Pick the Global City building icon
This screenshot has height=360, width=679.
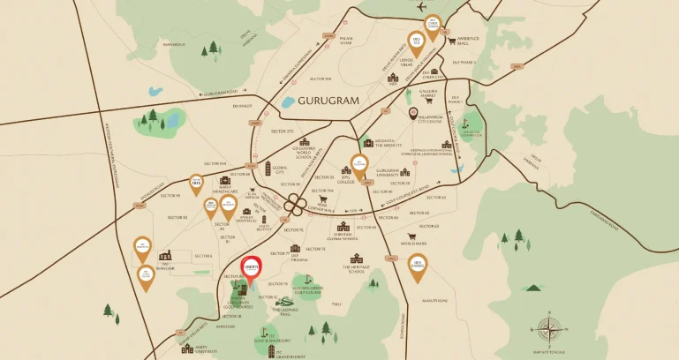268,168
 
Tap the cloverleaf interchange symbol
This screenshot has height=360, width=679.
299,209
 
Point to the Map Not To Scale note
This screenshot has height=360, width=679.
550,352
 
